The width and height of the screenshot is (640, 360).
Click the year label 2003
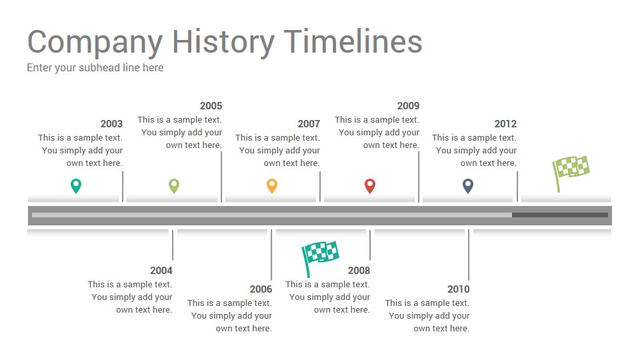(111, 124)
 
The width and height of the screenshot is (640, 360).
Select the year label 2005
(211, 106)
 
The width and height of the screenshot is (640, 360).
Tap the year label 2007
(309, 124)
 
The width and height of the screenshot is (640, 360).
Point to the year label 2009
(408, 106)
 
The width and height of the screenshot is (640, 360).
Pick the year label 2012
(506, 124)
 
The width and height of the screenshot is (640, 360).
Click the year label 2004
(161, 270)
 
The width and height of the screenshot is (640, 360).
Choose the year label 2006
(261, 289)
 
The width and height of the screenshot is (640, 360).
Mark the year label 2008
(359, 270)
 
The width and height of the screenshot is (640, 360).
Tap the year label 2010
(459, 289)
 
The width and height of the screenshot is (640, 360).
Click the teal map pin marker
(76, 186)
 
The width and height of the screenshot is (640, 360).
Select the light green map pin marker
(174, 186)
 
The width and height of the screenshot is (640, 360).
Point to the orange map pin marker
(272, 186)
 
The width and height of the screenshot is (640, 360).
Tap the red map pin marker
(370, 186)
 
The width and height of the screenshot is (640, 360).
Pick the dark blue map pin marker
(468, 186)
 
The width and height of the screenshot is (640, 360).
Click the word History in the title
(223, 42)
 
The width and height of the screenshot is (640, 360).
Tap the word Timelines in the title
(353, 41)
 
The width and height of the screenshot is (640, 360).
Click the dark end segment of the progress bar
(560, 215)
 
